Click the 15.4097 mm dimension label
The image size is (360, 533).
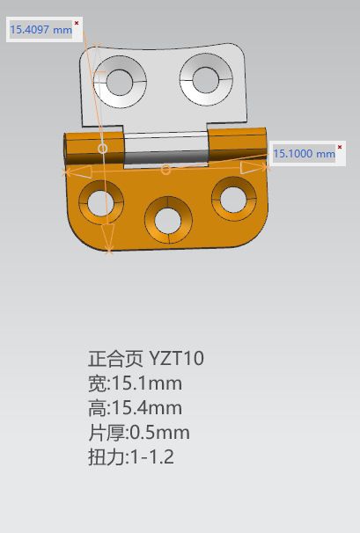tap(41, 30)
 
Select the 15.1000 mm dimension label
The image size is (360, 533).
tap(305, 154)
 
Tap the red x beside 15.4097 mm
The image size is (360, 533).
tap(77, 23)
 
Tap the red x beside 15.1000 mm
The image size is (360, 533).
tap(340, 147)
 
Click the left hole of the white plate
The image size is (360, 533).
tap(119, 83)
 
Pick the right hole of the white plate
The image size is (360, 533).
tap(205, 80)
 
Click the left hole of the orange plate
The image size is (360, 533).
tap(100, 202)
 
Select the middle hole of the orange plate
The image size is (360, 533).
tap(167, 220)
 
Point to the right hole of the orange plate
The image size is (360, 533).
tap(233, 199)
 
